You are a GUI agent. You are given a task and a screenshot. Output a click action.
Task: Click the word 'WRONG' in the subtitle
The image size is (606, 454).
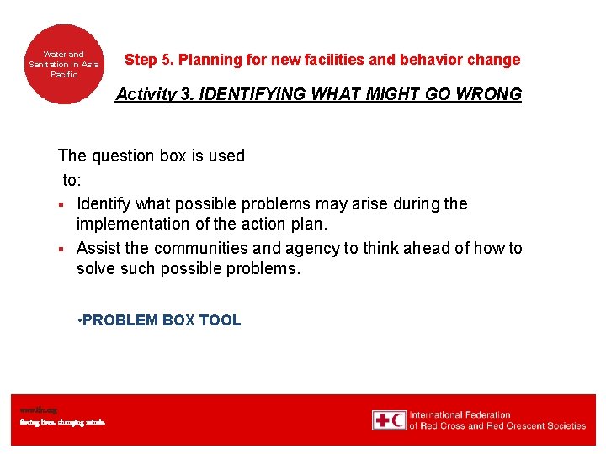click(490, 94)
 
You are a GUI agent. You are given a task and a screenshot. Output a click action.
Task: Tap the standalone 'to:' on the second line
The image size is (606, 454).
click(72, 180)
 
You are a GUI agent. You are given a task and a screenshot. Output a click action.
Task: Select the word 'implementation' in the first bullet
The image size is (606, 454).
click(129, 224)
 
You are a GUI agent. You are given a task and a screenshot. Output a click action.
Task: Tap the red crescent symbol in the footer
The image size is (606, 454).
click(398, 420)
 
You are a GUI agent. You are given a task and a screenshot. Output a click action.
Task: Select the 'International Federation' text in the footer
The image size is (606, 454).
click(460, 414)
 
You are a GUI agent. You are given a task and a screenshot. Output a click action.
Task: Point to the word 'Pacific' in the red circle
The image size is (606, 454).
click(64, 75)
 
